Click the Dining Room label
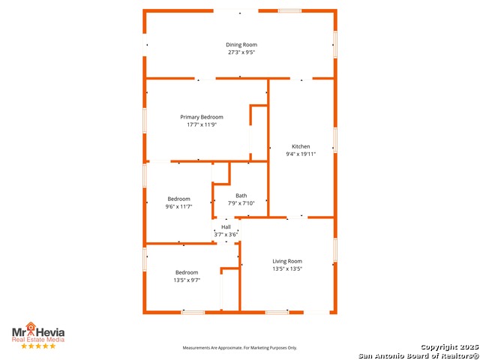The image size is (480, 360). [x=241, y=45]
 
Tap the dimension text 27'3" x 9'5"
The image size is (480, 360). [x=241, y=52]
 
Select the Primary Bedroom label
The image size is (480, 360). [x=202, y=117]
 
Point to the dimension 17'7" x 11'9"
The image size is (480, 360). [x=202, y=124]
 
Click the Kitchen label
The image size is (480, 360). [x=301, y=146]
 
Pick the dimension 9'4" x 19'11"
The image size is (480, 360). [x=301, y=154]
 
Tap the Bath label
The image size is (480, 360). [x=241, y=196]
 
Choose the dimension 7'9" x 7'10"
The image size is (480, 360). [x=241, y=203]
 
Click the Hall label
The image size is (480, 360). [x=226, y=227]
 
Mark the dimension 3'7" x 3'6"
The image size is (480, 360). [x=226, y=235]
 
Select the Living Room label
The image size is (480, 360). [x=287, y=261]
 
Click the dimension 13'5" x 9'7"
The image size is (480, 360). [x=187, y=280]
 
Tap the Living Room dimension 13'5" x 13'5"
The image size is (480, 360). [x=287, y=268]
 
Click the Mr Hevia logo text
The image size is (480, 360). [x=38, y=331]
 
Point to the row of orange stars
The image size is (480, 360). [x=38, y=346]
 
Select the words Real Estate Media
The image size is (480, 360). [x=38, y=340]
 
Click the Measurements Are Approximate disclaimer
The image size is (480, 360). [x=241, y=348]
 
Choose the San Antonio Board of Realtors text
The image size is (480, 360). [x=418, y=355]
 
